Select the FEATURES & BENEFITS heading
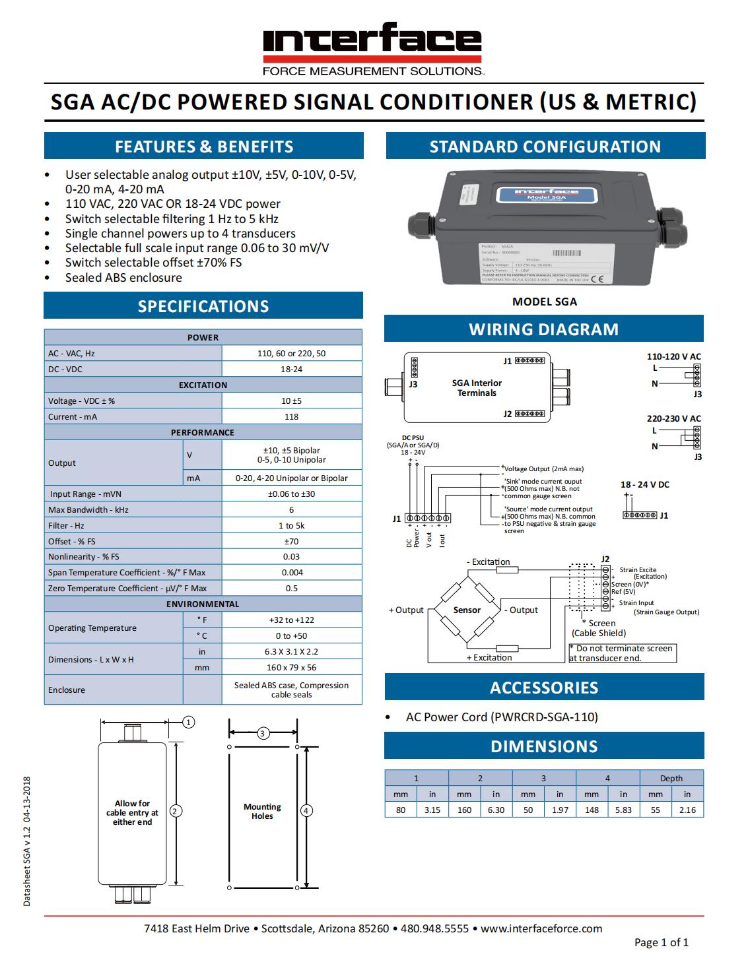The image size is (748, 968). [204, 146]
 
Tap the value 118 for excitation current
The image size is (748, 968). [291, 417]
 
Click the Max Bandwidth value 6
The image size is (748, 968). [291, 510]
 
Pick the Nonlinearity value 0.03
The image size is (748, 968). [291, 557]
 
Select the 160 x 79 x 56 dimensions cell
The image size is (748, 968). [291, 668]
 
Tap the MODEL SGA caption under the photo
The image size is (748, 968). [545, 302]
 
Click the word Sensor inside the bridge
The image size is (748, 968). [467, 610]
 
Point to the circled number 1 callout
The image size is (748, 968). [189, 723]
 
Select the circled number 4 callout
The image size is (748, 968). [306, 810]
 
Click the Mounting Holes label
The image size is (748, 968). [262, 811]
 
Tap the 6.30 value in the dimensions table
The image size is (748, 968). [496, 810]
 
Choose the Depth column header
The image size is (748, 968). [671, 779]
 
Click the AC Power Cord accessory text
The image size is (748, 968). [502, 717]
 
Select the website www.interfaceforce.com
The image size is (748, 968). [541, 929]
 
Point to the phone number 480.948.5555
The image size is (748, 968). [434, 929]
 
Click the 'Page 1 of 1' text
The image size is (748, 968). [661, 943]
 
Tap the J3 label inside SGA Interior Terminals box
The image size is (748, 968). [413, 384]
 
